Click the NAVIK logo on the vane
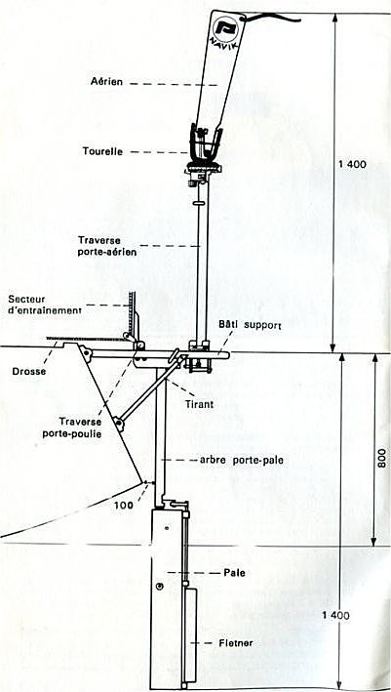[x=225, y=30]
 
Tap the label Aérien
[x=106, y=81]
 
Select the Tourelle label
[x=102, y=151]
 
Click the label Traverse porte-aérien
[x=107, y=246]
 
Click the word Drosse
[x=23, y=372]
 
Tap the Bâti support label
[x=249, y=324]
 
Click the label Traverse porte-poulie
[x=72, y=427]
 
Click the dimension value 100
[x=123, y=506]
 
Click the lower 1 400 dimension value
[x=335, y=615]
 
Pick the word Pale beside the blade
[x=234, y=573]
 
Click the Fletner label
[x=236, y=643]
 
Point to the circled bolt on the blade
[x=160, y=586]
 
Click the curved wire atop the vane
[x=272, y=18]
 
